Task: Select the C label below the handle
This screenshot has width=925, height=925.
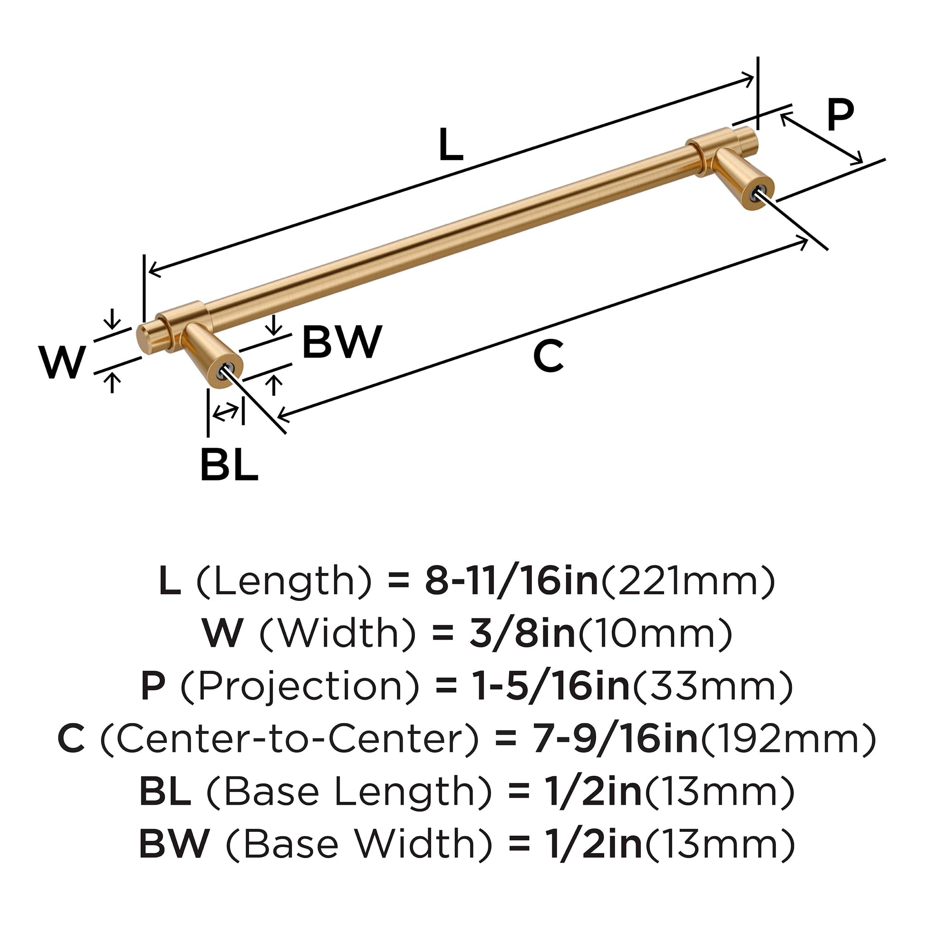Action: click(x=549, y=356)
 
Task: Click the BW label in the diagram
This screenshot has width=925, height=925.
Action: click(x=342, y=342)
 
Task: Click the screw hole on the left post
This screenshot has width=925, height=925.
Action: click(x=226, y=369)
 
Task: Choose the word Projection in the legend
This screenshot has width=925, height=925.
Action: click(x=300, y=686)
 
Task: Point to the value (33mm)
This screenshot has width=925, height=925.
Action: click(x=713, y=686)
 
